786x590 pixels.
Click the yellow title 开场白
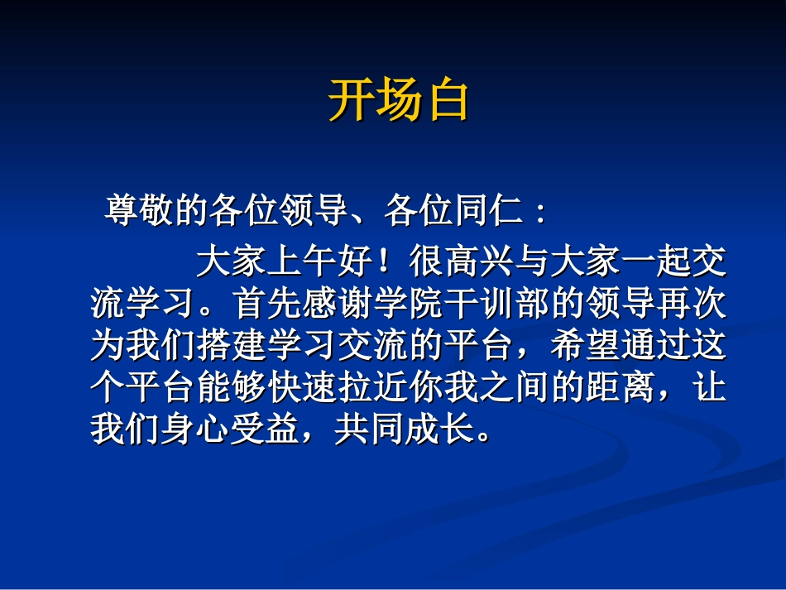coord(400,101)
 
